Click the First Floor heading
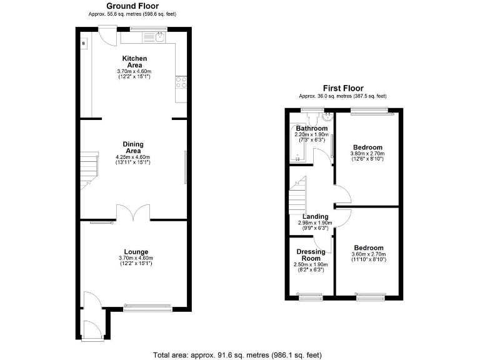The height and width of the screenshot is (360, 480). point(342,88)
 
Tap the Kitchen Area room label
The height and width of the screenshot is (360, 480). point(134,62)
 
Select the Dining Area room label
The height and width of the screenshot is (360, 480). point(134,147)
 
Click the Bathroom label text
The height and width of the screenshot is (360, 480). point(312,128)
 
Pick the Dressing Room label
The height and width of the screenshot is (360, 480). point(310,255)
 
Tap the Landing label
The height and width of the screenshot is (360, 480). point(315,217)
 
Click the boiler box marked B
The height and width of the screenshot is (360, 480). point(84,43)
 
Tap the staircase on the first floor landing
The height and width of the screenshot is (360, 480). point(299,194)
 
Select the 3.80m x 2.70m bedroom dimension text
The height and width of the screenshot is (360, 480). point(367,154)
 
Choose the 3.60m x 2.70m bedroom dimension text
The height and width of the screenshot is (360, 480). point(368,254)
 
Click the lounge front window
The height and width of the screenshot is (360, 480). point(147,307)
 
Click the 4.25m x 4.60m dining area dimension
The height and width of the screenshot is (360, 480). point(134,157)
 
